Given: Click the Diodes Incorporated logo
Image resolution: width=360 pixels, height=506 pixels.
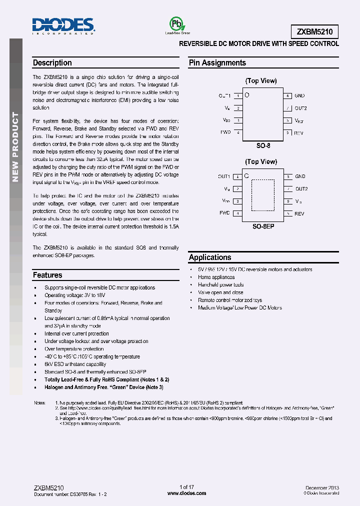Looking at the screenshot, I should tap(63, 25).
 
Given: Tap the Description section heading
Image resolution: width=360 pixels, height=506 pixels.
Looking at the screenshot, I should tap(52, 63).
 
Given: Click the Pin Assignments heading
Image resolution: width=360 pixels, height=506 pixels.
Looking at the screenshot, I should tap(217, 63).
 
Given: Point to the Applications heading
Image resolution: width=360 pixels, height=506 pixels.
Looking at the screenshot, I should tap(210, 257).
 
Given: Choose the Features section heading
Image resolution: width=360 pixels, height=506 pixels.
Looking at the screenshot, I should tap(47, 275).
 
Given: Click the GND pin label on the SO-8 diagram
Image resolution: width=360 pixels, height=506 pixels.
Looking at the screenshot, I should tap(299, 95).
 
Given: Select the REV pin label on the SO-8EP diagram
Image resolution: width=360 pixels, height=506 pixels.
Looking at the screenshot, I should tap(299, 213).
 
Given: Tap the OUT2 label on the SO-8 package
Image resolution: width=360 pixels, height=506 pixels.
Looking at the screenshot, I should tap(300, 108).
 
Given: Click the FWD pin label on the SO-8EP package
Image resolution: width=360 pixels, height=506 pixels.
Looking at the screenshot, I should tap(224, 213).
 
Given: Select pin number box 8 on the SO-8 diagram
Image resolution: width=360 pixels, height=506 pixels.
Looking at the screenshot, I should tap(287, 95).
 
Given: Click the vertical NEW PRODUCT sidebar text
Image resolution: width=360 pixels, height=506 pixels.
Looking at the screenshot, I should tap(15, 147).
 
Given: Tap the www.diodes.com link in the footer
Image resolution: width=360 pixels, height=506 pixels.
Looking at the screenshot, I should tap(186, 493).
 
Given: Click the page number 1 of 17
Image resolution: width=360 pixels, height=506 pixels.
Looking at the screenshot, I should tap(186, 487).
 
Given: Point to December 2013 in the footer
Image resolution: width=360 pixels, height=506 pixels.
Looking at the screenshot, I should tap(322, 487).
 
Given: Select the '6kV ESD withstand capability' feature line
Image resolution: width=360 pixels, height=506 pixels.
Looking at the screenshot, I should tap(75, 364).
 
